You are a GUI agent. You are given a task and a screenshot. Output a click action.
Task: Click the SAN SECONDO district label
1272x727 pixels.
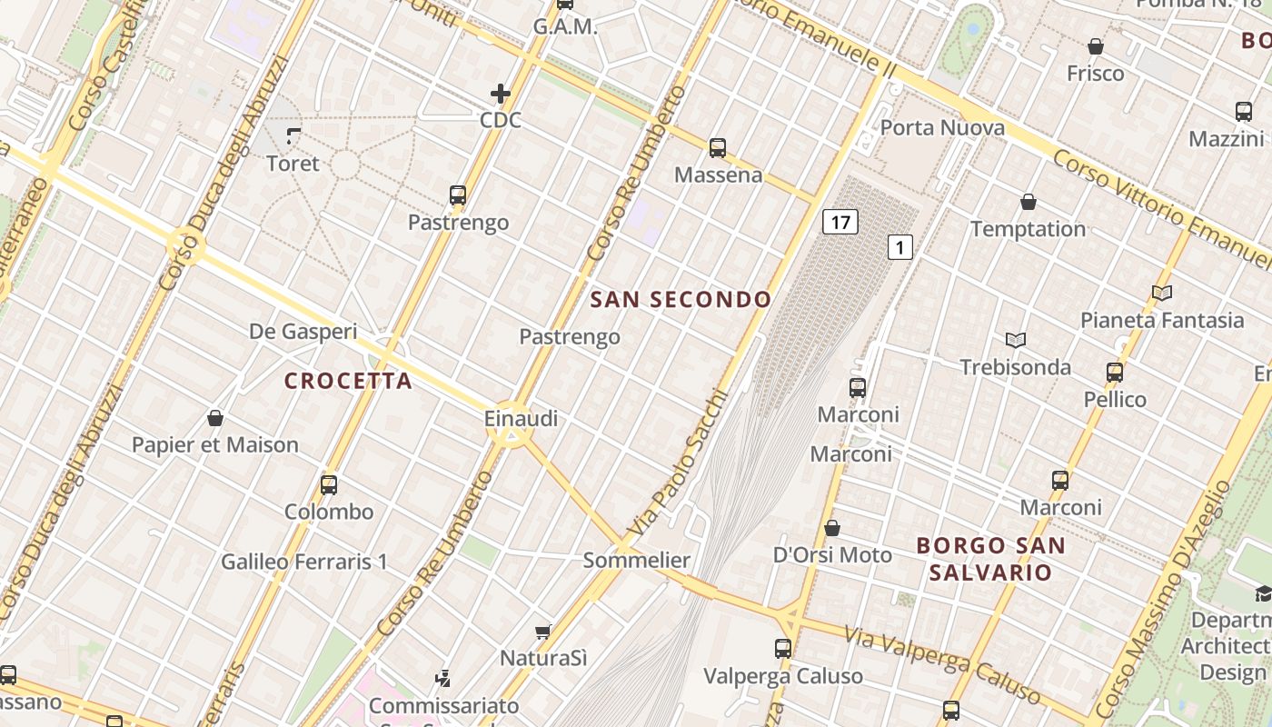coord(681,299)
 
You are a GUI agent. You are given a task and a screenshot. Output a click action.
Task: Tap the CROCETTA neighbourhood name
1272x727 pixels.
coord(349,381)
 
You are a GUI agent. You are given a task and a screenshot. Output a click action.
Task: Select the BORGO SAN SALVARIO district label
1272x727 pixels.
coord(990,559)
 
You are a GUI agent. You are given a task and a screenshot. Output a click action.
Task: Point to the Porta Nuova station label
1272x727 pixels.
coord(942,127)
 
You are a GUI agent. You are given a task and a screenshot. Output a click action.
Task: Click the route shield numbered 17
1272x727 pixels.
coord(840,221)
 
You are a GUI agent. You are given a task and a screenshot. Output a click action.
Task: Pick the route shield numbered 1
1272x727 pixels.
coord(899,246)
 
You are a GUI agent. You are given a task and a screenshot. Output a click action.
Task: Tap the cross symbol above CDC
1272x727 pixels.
coord(500,93)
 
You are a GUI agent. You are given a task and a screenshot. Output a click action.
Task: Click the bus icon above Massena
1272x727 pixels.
coord(718,147)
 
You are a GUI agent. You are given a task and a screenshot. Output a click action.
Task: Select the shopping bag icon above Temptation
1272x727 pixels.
coord(1028,202)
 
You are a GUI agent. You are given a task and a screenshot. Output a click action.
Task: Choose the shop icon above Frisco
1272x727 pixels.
coord(1096,46)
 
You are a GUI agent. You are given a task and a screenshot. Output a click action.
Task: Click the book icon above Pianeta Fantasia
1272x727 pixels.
coord(1161,293)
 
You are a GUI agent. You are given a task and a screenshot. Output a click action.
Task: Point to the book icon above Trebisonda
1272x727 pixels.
coord(1015,340)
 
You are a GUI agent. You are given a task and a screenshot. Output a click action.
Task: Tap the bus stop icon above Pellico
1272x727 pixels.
coord(1115,372)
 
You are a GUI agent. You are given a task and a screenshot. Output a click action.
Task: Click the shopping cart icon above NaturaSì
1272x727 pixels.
coord(543,631)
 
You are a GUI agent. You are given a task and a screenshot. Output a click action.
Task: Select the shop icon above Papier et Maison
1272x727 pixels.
coord(215,418)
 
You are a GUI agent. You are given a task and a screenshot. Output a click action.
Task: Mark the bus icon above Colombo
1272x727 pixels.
coord(329,484)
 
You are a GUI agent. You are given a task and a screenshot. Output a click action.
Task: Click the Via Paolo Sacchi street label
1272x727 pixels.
coord(678,463)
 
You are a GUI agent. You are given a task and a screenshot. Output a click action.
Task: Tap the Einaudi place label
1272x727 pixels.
coord(521,419)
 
